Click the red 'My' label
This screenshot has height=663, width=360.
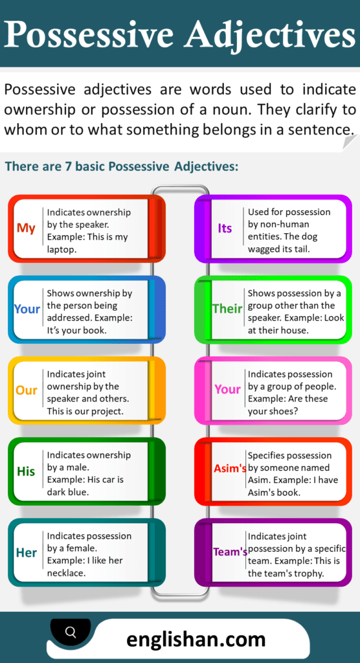(x=27, y=229)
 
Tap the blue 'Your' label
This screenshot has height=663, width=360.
(x=27, y=309)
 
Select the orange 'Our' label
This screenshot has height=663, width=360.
(x=27, y=390)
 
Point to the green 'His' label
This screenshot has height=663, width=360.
(x=26, y=471)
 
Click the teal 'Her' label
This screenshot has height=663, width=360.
(x=27, y=553)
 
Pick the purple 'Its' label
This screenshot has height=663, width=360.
(x=225, y=229)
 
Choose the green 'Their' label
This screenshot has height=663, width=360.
(x=227, y=309)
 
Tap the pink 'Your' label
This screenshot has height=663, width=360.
(x=227, y=389)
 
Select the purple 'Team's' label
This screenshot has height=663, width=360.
(x=231, y=552)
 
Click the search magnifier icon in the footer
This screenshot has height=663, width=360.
(x=71, y=631)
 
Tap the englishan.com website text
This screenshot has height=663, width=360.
(x=196, y=640)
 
